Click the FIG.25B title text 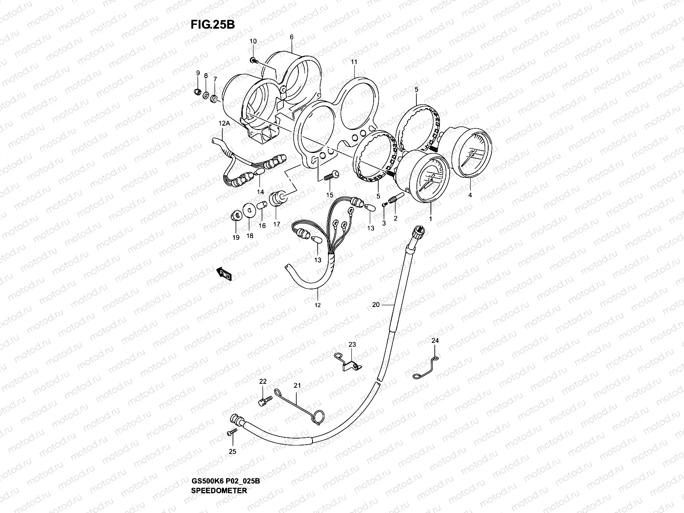tap(212, 24)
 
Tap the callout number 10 tap(253, 41)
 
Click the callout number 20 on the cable tap(376, 305)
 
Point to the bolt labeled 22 tap(265, 401)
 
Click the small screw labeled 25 tap(232, 433)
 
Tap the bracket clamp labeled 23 tap(348, 363)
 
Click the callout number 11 tap(354, 62)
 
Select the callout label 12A tap(224, 123)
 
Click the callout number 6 tap(292, 37)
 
